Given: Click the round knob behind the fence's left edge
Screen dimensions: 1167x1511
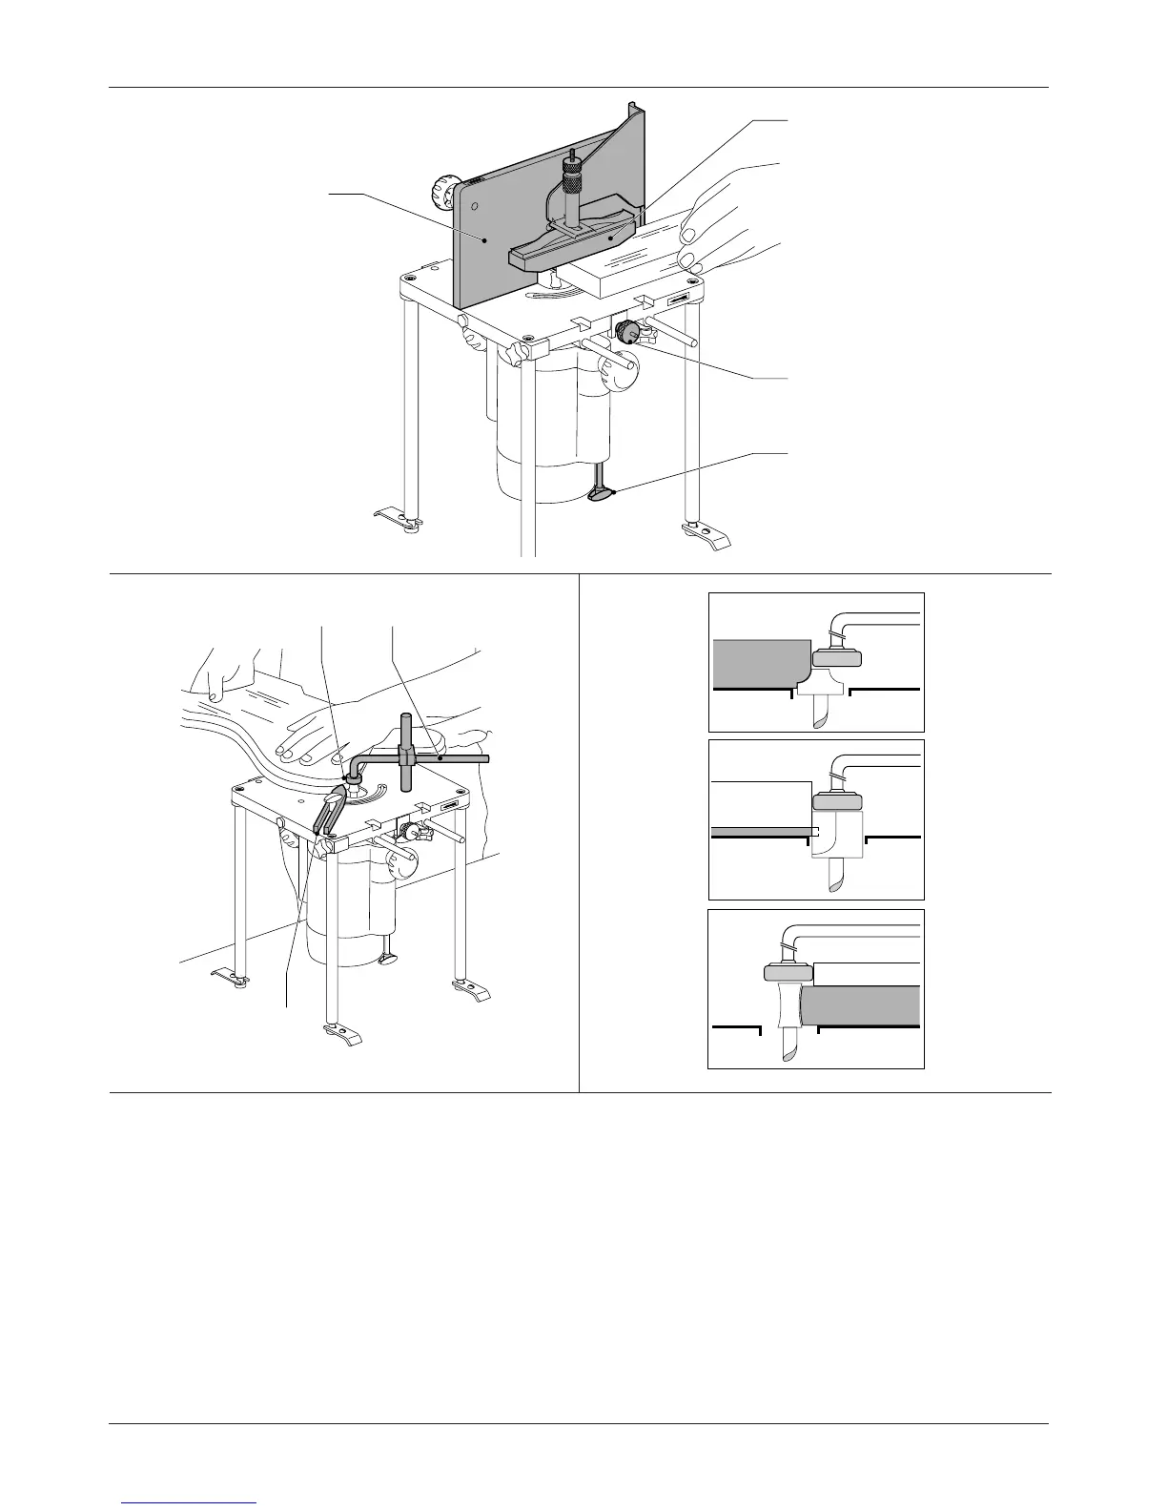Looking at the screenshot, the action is [445, 195].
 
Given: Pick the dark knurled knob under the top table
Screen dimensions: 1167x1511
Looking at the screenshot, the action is [628, 333].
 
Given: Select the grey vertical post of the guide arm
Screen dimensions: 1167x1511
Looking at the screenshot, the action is [407, 754].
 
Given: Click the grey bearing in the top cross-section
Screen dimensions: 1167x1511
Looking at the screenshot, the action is [837, 656].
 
